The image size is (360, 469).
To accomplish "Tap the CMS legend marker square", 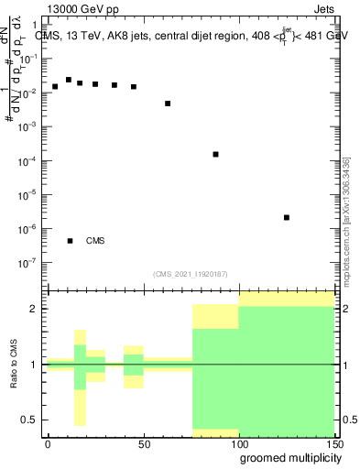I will pos(70,241).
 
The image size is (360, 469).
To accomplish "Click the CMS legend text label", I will pos(95,241).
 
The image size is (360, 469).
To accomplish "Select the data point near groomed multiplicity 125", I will pos(287,217).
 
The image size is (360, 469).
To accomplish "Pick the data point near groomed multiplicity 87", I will pos(215,154).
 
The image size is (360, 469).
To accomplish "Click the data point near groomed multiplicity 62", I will pos(168,104).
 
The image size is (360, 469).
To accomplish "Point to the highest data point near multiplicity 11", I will pos(69,80).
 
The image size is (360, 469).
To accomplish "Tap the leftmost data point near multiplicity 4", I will pos(55,86).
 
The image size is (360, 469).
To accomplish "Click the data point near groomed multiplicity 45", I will pos(134,87).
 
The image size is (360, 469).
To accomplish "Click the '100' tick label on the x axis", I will pos(238,443).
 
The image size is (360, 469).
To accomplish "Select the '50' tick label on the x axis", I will pos(143,443).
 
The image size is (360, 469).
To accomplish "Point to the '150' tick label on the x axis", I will pos(333,443).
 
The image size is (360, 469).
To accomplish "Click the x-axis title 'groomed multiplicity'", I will pos(288,457).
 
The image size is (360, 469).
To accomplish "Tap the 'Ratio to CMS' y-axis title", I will pos(13,364).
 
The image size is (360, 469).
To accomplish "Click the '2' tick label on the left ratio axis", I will pos(37,309).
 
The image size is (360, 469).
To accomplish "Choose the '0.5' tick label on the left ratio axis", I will pos(31,420).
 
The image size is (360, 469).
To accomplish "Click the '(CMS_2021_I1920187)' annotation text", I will pos(190,273).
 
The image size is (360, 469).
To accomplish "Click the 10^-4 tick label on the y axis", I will pos(30,160).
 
